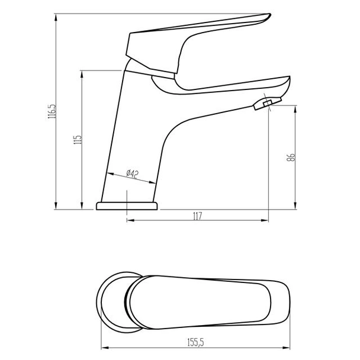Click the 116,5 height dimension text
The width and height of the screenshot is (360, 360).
53,111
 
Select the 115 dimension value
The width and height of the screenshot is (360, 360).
77,140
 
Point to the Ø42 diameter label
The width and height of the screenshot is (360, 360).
131,173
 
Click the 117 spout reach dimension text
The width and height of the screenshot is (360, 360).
197,217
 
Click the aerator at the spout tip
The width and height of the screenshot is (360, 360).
262,105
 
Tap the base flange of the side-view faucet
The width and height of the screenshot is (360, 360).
127,205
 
